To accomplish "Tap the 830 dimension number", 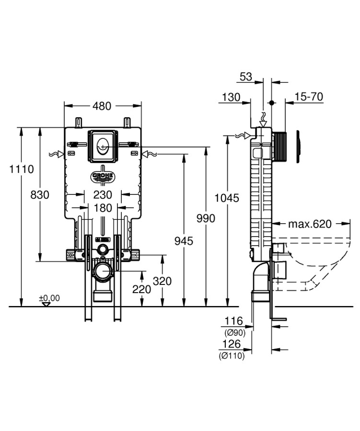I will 40,195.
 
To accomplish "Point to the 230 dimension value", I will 103,195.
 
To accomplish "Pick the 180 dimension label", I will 103,208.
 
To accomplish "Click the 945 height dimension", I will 184,241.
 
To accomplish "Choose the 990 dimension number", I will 206,218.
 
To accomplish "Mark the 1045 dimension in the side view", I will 227,197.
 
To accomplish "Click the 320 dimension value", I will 163,281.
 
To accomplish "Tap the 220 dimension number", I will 142,289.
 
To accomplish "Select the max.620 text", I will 310,224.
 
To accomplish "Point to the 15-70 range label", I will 309,97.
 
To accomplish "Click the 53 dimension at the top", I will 245,77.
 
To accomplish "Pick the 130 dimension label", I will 231,97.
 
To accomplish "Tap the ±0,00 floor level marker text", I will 49,298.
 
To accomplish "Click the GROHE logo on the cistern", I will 102,176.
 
